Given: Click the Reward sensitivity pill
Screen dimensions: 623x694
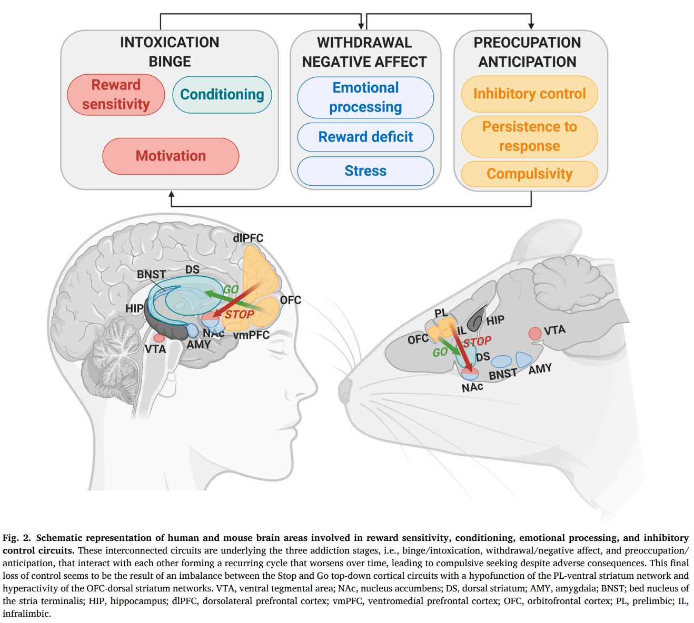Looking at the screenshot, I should pos(116,95).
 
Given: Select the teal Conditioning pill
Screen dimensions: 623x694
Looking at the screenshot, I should pos(222,95).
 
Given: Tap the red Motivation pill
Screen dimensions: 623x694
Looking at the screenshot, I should pos(171,156).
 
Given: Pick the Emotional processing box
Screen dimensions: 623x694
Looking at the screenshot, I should pos(365,97).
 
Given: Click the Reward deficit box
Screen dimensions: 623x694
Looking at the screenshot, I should pos(365,137).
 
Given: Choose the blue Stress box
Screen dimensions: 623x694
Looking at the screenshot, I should pos(365,171).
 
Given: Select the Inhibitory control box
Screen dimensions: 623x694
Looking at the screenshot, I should pos(529,94).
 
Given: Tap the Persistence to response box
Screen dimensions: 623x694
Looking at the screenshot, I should pos(529,136).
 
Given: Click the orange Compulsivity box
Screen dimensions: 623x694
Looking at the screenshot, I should pos(529,174).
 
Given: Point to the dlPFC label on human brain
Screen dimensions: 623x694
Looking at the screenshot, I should pos(248,238).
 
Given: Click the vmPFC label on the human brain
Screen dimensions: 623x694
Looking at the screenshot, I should pos(251,335).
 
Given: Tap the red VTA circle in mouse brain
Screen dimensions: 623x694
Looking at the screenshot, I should pos(535,334).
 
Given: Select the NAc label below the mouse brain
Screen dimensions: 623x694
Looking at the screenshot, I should pos(472,387).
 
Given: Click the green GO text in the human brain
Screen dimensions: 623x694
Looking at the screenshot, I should pos(231,289).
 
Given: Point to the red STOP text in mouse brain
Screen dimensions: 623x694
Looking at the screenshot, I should pos(478,342).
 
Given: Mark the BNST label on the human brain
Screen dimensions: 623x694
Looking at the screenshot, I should pos(151,274).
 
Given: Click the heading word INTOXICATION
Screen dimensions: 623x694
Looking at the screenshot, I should pos(170,42).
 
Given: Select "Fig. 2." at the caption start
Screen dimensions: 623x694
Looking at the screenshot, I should pos(17,538).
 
